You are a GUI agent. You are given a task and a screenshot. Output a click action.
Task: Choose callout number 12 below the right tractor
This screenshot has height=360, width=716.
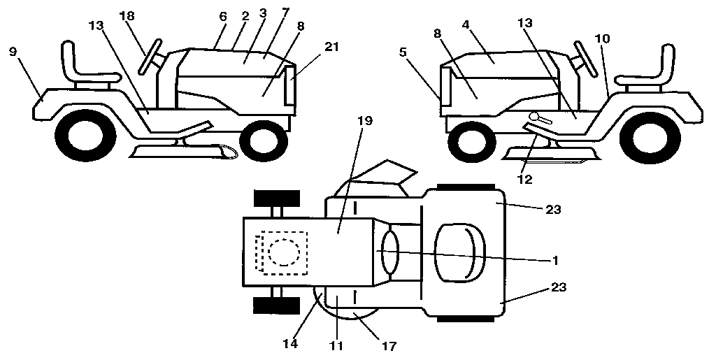524,180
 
